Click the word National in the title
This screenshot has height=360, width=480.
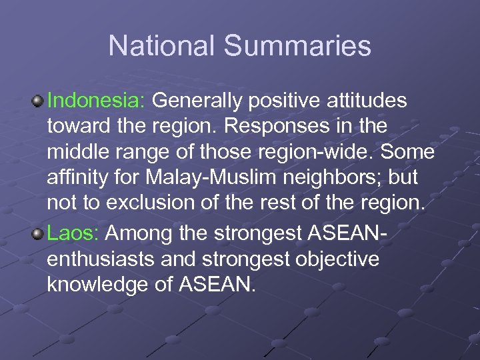pyautogui.click(x=161, y=46)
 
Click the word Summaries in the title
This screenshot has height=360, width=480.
pyautogui.click(x=297, y=46)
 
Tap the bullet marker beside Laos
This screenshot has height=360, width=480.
pyautogui.click(x=38, y=233)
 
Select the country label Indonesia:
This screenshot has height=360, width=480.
pyautogui.click(x=97, y=101)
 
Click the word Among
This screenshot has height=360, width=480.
pyautogui.click(x=136, y=233)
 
